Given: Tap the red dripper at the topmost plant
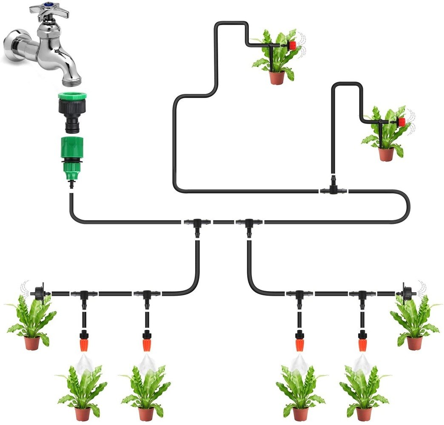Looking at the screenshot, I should (x=292, y=45).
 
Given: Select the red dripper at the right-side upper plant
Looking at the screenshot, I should (x=401, y=122).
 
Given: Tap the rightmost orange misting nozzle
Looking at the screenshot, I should (x=363, y=342).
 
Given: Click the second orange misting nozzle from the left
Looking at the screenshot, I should (x=146, y=342).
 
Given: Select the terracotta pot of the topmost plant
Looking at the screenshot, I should (x=276, y=78).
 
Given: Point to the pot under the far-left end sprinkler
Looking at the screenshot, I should (x=32, y=343).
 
